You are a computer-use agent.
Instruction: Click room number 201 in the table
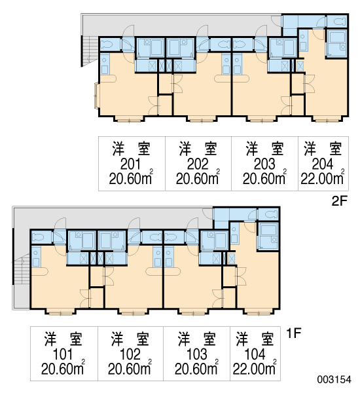pos(130,164)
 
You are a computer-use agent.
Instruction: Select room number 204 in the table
pos(323,164)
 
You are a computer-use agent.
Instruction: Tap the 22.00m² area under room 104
pos(255,368)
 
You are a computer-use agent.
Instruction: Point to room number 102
pos(130,354)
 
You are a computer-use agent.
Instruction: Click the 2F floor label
pos(339,201)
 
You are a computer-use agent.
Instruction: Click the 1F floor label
pos(293,333)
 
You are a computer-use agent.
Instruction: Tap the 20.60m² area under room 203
pos(264,178)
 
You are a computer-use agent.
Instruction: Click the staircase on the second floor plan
pos(90,51)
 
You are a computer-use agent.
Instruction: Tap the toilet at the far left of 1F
pos(39,237)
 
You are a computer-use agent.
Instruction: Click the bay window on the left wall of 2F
pos(96,96)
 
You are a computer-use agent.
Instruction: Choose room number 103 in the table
pos(197,354)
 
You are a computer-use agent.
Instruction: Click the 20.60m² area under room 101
pos(63,368)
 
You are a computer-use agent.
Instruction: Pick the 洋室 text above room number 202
pos(198,149)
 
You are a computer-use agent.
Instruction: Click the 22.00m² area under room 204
pos(323,178)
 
